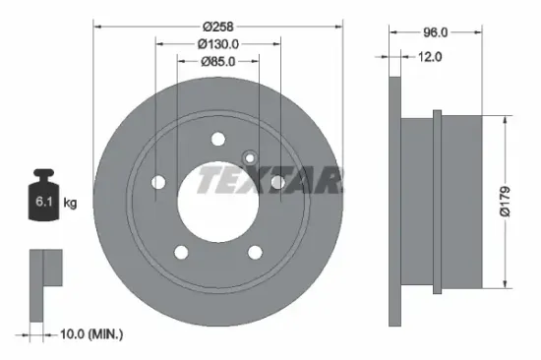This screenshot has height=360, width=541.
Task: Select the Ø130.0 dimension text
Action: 218,43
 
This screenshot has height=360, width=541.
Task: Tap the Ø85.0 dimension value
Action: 218,63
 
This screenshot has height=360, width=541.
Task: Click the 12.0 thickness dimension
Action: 432,57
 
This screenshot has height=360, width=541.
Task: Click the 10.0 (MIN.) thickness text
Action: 86,335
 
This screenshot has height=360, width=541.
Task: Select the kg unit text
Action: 71,203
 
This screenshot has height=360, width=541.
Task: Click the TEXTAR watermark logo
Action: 270,180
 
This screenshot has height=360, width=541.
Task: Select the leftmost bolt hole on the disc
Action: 156,182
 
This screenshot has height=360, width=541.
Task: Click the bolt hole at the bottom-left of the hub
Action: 180,253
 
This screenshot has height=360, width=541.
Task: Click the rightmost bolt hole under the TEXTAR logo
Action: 278,182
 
